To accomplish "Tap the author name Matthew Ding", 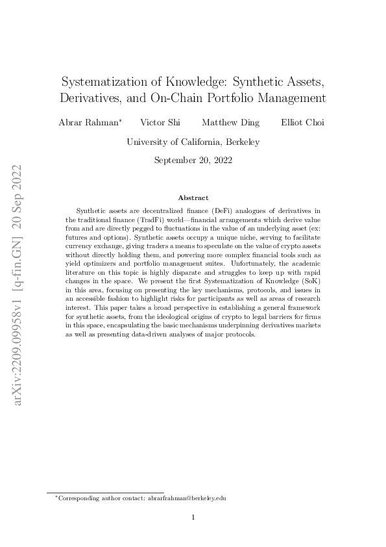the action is pos(230,123).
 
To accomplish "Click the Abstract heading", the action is pos(193,197).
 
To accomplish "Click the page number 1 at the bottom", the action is pos(193,518).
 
